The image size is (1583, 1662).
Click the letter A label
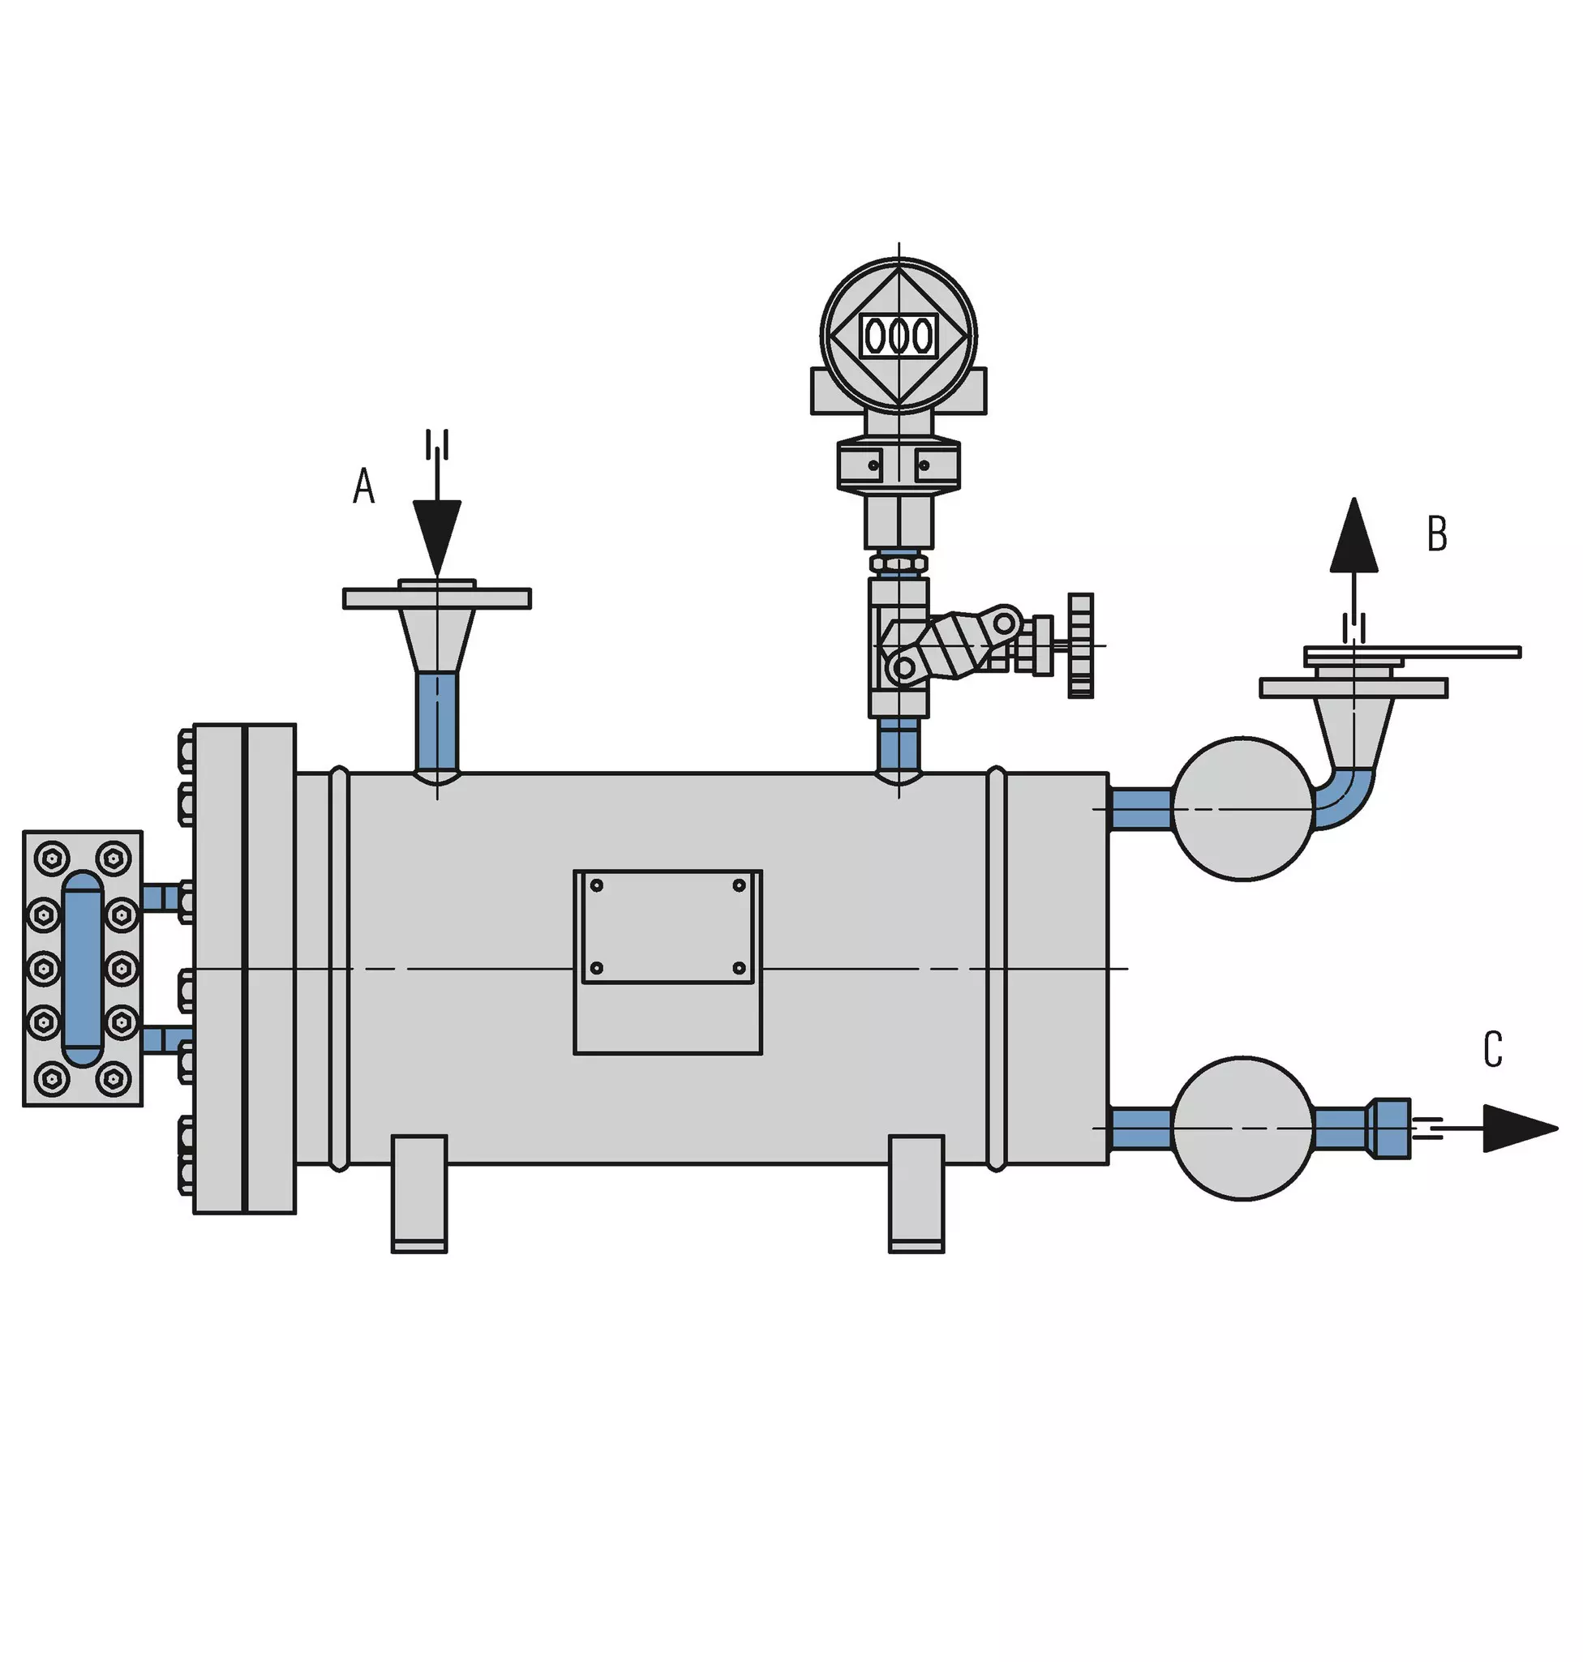pyautogui.click(x=363, y=486)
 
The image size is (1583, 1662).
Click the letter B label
pyautogui.click(x=1437, y=533)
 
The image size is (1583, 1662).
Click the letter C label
pyautogui.click(x=1493, y=1050)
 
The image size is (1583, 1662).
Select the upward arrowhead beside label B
pyautogui.click(x=1354, y=535)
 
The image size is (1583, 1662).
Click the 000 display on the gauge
pyautogui.click(x=899, y=336)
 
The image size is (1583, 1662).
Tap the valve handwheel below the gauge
pyautogui.click(x=1081, y=645)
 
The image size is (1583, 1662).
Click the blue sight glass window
pyautogui.click(x=83, y=969)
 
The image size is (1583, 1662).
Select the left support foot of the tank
pyautogui.click(x=419, y=1193)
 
